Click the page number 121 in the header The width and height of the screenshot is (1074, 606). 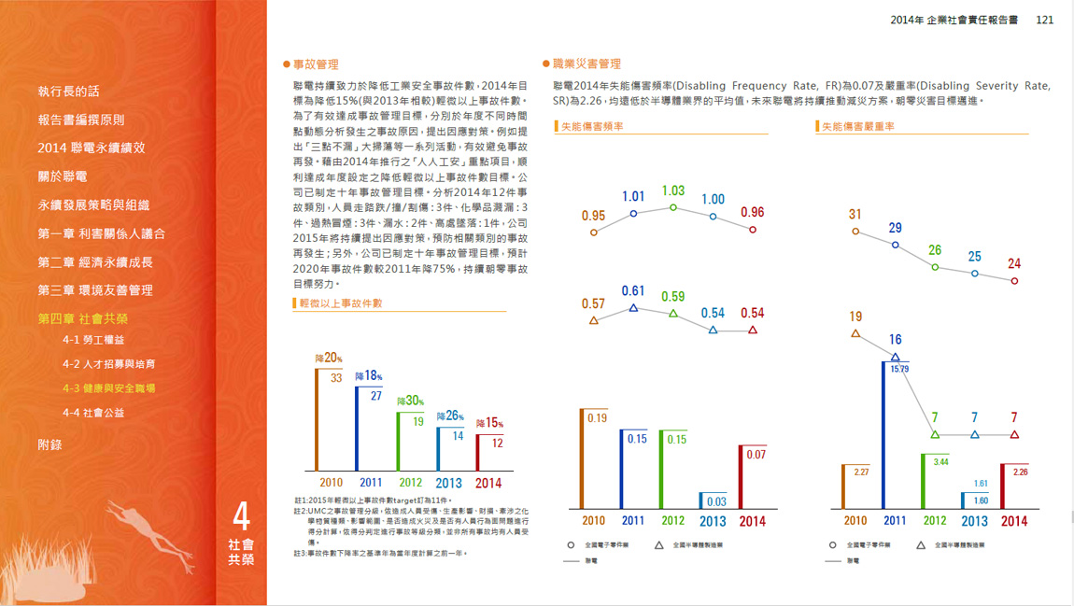click(x=1044, y=20)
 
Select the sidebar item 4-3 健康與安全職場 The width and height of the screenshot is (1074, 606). click(x=108, y=388)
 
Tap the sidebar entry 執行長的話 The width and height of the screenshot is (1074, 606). click(x=68, y=92)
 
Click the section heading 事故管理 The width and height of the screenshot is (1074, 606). click(x=315, y=64)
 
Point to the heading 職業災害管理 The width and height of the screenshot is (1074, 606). click(x=586, y=64)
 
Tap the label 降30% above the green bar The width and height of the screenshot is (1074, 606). click(x=410, y=401)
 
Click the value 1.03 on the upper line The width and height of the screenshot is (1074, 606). click(x=672, y=190)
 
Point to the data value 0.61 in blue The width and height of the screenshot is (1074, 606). click(x=633, y=291)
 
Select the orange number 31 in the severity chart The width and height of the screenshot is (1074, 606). click(x=855, y=215)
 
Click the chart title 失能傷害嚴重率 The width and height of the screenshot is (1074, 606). click(x=858, y=126)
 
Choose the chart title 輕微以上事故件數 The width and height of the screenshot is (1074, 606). click(x=340, y=303)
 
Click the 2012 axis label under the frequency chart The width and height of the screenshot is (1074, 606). click(x=672, y=521)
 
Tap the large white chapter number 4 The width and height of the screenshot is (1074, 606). click(x=241, y=516)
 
